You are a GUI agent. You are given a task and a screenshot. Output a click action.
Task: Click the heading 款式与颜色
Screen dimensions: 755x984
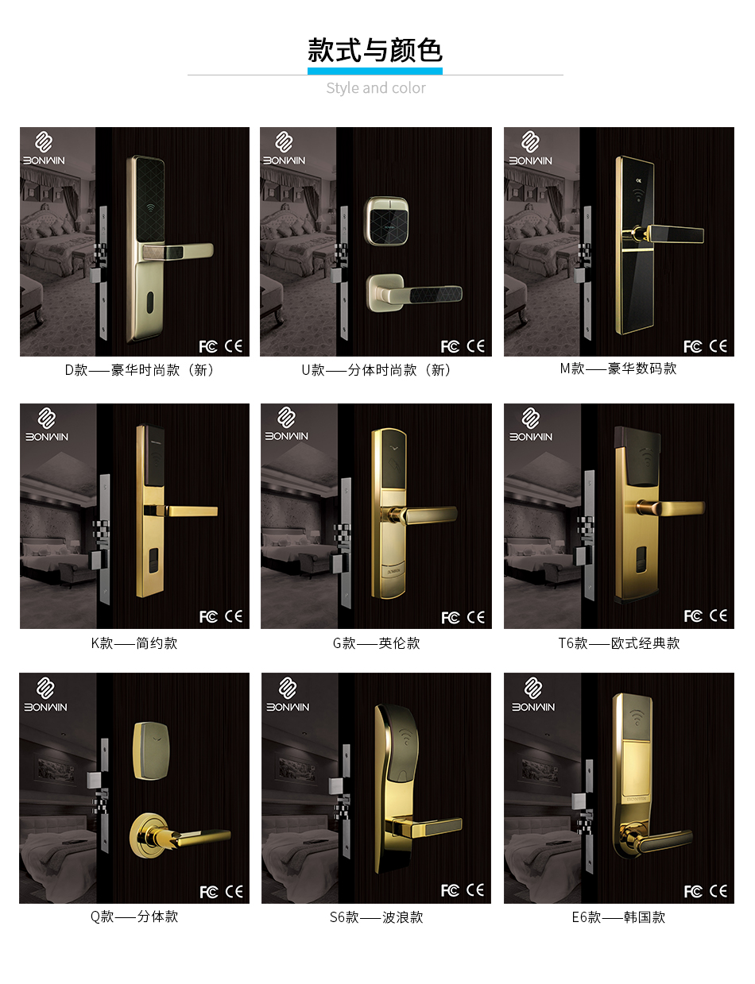point(375,50)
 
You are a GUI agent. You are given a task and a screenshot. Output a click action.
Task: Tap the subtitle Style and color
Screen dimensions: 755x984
point(376,88)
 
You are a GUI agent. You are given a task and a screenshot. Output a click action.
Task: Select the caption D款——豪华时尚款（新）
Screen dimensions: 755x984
point(139,370)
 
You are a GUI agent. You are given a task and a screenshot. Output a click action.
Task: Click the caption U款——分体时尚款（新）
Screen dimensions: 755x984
point(376,370)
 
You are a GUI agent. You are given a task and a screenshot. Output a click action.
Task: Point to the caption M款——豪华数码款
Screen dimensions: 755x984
point(618,369)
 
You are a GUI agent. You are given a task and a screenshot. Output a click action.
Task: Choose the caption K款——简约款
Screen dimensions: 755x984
point(134,643)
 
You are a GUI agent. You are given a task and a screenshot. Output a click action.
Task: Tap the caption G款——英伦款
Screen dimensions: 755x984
point(377,643)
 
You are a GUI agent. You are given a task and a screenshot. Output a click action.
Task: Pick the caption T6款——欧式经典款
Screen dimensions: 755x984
point(618,643)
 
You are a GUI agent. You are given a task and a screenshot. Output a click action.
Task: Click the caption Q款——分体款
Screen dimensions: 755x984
point(134,916)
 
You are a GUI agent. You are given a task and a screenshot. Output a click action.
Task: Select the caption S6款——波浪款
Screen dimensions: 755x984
point(377,917)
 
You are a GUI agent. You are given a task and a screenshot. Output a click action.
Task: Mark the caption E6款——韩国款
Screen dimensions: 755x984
point(618,917)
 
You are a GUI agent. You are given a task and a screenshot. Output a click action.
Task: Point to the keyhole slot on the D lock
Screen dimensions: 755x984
point(150,299)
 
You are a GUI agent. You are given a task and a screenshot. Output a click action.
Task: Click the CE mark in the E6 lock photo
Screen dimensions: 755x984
point(718,891)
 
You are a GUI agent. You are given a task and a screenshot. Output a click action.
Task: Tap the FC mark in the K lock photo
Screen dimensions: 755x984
point(208,617)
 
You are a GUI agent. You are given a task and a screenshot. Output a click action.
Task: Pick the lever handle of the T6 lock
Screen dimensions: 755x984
point(671,507)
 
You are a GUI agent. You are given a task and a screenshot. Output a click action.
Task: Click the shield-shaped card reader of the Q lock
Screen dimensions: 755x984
point(151,751)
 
